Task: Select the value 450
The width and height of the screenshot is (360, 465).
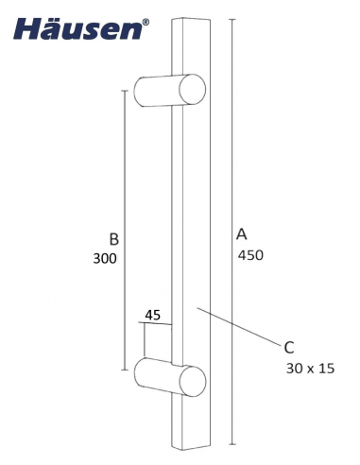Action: pos(249,254)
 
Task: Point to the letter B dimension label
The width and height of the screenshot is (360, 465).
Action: pos(113,239)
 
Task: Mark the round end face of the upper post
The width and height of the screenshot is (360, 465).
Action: pos(192,91)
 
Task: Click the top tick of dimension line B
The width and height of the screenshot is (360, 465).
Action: pos(124,91)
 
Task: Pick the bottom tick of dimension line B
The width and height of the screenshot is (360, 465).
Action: pos(124,370)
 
